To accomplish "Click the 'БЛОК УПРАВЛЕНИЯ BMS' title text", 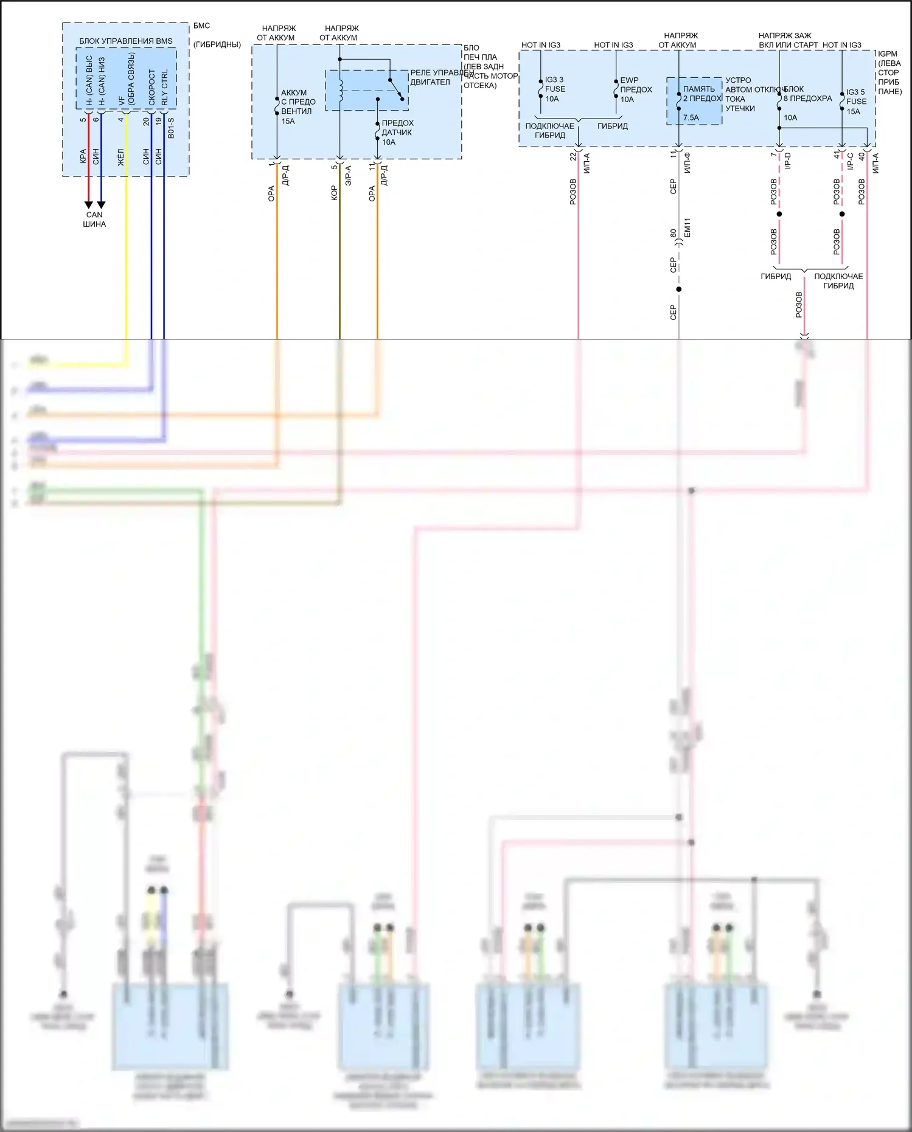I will pyautogui.click(x=125, y=41).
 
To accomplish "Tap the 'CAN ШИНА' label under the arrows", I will pyautogui.click(x=94, y=220).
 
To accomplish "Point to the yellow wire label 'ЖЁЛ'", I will pyautogui.click(x=120, y=158).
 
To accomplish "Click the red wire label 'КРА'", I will pyautogui.click(x=83, y=156).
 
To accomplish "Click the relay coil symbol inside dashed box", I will pyautogui.click(x=341, y=89).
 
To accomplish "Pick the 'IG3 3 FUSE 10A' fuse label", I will pyautogui.click(x=554, y=89).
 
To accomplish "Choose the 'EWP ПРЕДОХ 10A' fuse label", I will pyautogui.click(x=635, y=89).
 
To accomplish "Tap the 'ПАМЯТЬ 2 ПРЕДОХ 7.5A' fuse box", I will pyautogui.click(x=694, y=101).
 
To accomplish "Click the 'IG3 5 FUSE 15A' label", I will pyautogui.click(x=855, y=102).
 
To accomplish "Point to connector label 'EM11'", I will pyautogui.click(x=687, y=227).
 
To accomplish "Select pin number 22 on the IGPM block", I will pyautogui.click(x=573, y=157).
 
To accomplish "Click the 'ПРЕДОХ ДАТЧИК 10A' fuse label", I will pyautogui.click(x=397, y=133).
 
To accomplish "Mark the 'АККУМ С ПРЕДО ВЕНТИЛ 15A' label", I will pyautogui.click(x=297, y=107).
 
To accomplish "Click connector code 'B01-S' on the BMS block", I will pyautogui.click(x=171, y=128).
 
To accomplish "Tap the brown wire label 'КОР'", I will pyautogui.click(x=334, y=193).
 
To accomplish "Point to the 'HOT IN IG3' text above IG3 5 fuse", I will pyautogui.click(x=841, y=45).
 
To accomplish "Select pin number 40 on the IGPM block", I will pyautogui.click(x=862, y=156).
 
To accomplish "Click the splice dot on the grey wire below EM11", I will pyautogui.click(x=679, y=289).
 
